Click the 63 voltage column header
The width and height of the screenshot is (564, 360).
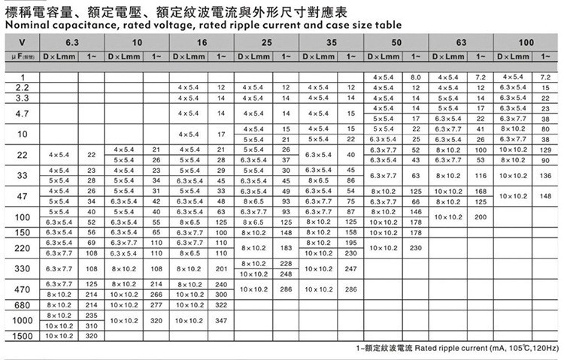(460, 41)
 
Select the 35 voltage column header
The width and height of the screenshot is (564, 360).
(332, 41)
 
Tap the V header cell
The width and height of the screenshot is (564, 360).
(21, 41)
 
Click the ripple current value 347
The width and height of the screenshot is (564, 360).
(221, 320)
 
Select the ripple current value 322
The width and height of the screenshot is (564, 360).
(221, 305)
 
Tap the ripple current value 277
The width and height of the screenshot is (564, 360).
(156, 305)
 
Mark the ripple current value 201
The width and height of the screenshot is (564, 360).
(221, 268)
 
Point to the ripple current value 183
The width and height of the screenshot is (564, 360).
(286, 248)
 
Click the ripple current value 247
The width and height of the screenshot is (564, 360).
(350, 268)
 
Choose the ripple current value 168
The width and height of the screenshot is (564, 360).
(481, 191)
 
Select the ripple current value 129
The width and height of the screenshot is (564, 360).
(546, 150)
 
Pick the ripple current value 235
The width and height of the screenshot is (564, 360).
(92, 316)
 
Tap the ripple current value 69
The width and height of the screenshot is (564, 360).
(92, 243)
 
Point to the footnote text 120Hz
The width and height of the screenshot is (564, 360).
(544, 349)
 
